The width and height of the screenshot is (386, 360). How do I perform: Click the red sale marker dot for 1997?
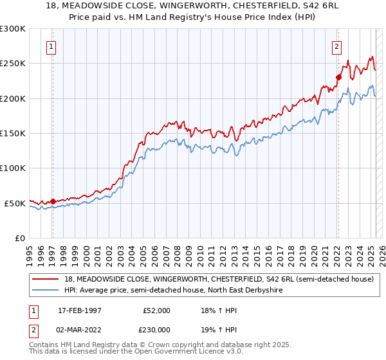click(x=53, y=201)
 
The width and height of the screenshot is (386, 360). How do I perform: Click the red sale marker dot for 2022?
click(x=338, y=77)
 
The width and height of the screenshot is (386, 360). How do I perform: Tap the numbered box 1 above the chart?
click(x=51, y=46)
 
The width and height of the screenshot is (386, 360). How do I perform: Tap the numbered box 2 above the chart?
click(x=336, y=46)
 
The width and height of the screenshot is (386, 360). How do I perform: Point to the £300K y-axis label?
click(x=13, y=29)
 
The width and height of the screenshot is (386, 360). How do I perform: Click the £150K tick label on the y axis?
click(x=13, y=133)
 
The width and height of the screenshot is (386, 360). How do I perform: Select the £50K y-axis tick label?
click(x=15, y=203)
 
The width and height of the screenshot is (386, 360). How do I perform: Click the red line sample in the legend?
click(x=46, y=279)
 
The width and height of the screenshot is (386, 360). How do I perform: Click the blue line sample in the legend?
click(x=46, y=291)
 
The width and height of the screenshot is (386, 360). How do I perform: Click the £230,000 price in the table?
click(x=156, y=329)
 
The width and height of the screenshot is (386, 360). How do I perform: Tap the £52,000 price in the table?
click(x=156, y=310)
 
